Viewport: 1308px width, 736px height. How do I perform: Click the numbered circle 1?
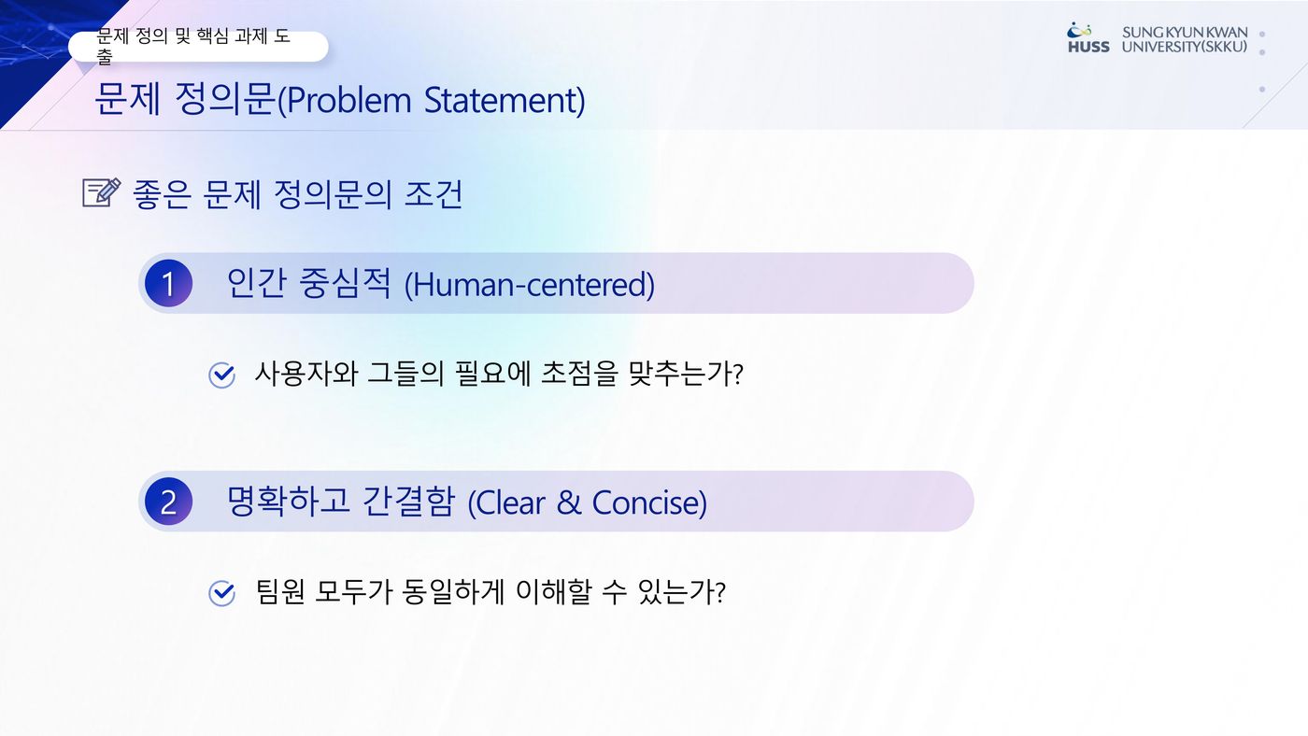[x=168, y=284]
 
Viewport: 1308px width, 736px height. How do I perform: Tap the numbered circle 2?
[x=168, y=502]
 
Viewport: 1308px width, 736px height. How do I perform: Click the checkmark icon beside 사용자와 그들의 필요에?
[x=222, y=375]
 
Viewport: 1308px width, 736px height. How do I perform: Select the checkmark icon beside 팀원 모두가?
[x=222, y=593]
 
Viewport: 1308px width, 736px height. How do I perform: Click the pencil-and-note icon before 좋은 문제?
[x=102, y=192]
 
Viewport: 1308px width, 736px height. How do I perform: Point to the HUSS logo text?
[x=1088, y=47]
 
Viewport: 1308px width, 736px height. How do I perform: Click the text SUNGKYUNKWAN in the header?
[x=1185, y=33]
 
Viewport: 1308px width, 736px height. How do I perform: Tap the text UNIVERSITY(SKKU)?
[x=1185, y=47]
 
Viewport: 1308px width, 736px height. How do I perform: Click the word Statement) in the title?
[x=505, y=100]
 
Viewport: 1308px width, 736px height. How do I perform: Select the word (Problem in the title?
[x=345, y=100]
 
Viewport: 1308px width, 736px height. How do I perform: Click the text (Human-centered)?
[x=530, y=285]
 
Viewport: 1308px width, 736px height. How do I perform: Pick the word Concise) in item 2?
[x=649, y=503]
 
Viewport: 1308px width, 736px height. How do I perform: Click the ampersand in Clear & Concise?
[x=569, y=502]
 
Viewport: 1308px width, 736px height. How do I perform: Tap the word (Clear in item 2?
[x=506, y=503]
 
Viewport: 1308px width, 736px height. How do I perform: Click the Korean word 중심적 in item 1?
[x=345, y=283]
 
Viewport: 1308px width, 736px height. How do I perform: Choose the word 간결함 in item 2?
[x=408, y=502]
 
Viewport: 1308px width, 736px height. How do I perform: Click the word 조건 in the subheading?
[x=434, y=194]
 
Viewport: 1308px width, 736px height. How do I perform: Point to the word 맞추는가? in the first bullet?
[x=686, y=374]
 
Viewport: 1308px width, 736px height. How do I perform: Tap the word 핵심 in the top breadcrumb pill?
[x=213, y=36]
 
